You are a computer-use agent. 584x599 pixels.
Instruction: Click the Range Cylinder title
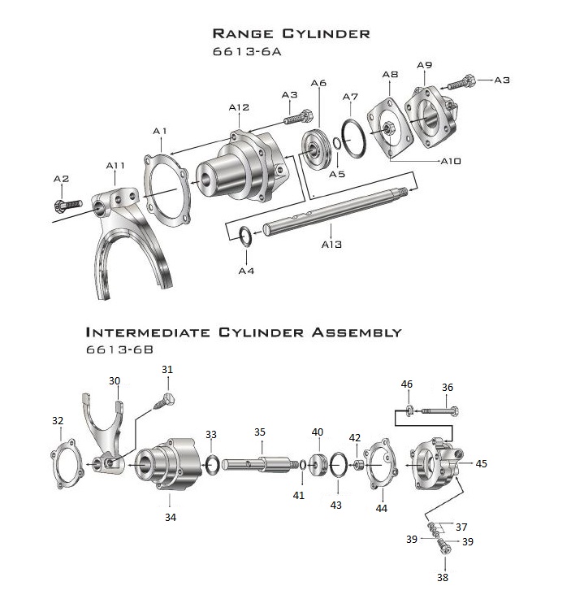(291, 33)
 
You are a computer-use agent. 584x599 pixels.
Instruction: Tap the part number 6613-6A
(251, 50)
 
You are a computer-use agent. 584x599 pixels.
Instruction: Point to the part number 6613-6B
(120, 350)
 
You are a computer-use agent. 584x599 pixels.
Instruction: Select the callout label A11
(115, 166)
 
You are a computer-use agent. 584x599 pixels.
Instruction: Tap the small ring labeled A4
(246, 235)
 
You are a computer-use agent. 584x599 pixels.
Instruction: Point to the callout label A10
(450, 161)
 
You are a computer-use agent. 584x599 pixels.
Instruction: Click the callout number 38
(443, 579)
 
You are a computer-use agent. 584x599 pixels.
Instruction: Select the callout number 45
(481, 463)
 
